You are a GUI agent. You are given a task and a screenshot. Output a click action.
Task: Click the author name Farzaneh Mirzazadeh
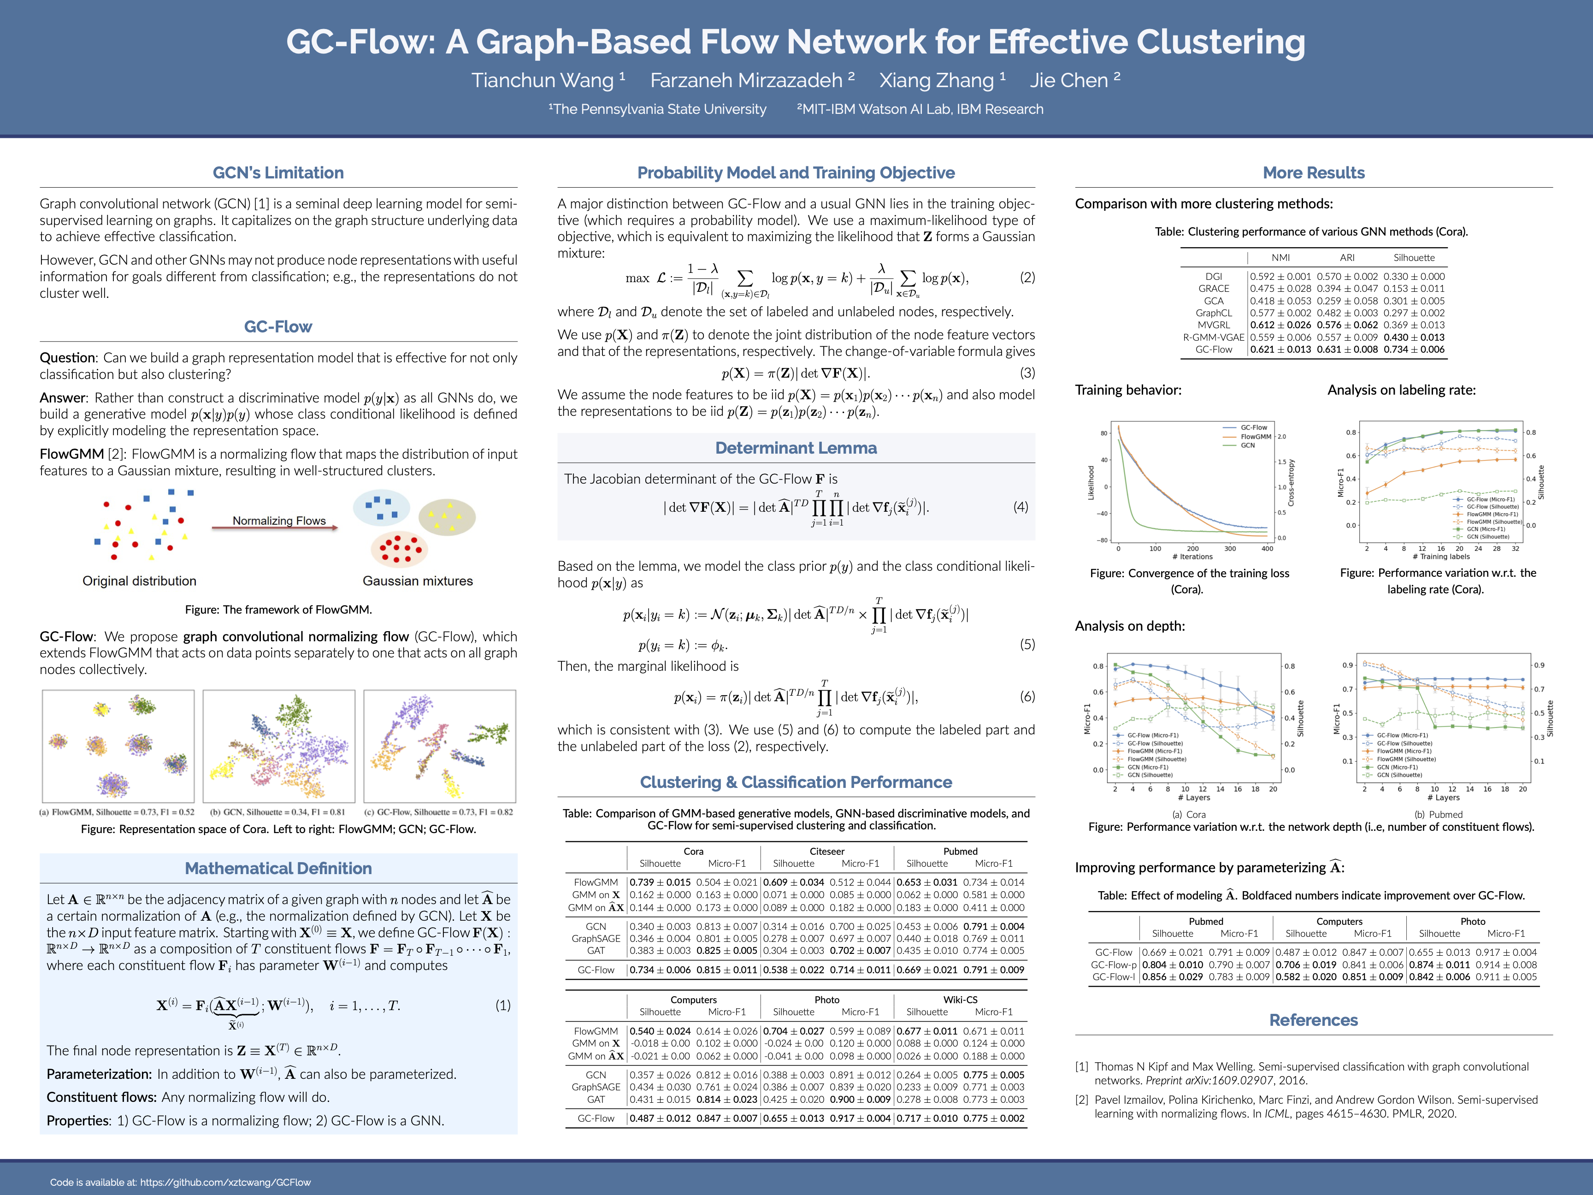point(747,81)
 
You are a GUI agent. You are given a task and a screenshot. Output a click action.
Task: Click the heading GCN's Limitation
point(278,173)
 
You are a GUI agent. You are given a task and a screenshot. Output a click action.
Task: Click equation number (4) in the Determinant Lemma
point(1021,507)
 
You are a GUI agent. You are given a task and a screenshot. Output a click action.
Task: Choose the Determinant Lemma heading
point(796,448)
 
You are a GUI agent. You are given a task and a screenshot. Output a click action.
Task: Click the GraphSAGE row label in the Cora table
point(596,939)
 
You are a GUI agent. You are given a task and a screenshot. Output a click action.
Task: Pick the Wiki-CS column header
point(960,1000)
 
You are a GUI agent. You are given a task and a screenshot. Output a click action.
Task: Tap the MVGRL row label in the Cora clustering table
point(1214,325)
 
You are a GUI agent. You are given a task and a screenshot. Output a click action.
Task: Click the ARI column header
point(1347,258)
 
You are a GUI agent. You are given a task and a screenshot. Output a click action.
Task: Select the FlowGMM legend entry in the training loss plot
point(1255,437)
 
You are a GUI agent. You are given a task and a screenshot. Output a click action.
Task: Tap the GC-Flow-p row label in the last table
point(1113,964)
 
